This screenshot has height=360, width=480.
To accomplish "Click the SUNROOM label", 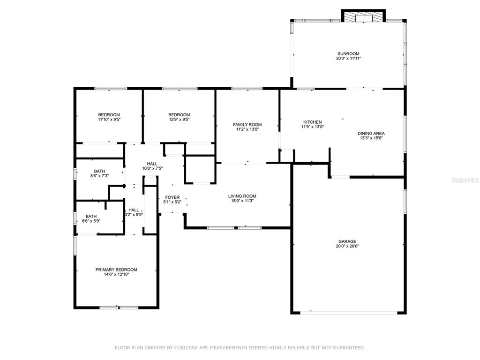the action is click(348, 53).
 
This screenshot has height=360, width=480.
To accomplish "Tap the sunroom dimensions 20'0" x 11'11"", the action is click(348, 58).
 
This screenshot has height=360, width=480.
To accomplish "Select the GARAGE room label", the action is click(347, 241).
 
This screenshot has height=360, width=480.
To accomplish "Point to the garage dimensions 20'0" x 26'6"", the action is click(347, 246).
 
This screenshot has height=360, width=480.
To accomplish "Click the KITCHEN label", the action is click(313, 122).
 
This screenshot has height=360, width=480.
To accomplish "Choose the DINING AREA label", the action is click(371, 134).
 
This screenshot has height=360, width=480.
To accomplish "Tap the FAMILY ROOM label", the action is click(247, 125).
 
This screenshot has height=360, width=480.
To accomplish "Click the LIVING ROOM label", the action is click(242, 196).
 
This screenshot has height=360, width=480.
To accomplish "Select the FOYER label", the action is click(172, 197).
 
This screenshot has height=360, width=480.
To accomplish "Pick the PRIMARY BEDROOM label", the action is click(116, 270).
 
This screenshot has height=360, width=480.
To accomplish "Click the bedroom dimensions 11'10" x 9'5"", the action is click(109, 120).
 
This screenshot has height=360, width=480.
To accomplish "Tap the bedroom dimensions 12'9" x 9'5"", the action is click(179, 120).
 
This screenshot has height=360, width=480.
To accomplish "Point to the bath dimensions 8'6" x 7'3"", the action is click(99, 176).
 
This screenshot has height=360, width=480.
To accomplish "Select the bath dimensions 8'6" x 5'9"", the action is click(91, 221).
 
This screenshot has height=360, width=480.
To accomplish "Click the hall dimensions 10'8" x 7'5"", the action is click(152, 168).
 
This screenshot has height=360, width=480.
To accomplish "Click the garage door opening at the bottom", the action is click(349, 313).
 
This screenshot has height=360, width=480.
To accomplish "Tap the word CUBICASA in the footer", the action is click(187, 348).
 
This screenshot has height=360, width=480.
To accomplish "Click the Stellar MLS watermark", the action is click(465, 180).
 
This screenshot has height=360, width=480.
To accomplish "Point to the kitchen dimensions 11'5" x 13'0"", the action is click(313, 127).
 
